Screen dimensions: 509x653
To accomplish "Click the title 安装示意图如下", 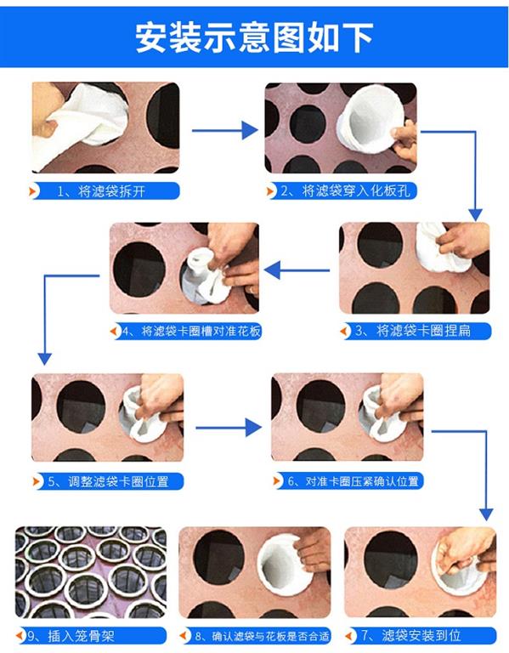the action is (254, 37).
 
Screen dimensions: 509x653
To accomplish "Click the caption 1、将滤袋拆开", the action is (101, 191).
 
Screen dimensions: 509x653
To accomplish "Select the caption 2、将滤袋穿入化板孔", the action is (345, 191).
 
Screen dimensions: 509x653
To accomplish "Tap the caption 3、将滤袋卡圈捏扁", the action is (413, 331).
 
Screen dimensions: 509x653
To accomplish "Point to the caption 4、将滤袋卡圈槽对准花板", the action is (192, 332).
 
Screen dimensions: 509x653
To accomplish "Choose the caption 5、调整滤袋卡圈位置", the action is (108, 481).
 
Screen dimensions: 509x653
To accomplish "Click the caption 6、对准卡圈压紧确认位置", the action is (353, 481).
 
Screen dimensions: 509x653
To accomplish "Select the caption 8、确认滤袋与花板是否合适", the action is (263, 636).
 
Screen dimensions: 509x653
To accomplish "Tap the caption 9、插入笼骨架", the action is (71, 636).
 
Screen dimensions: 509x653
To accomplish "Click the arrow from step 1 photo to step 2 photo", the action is (224, 131).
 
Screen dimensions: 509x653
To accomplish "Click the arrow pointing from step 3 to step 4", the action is (297, 270).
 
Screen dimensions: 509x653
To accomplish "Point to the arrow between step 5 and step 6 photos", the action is (229, 428).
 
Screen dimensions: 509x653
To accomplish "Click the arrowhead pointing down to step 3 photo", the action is (475, 215).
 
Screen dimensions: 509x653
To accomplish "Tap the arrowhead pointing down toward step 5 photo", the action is (44, 359).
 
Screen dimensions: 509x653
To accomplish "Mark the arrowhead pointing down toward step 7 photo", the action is (486, 514).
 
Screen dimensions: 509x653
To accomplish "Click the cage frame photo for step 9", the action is (91, 572).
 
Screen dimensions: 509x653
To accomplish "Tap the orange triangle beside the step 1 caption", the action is (31, 191).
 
